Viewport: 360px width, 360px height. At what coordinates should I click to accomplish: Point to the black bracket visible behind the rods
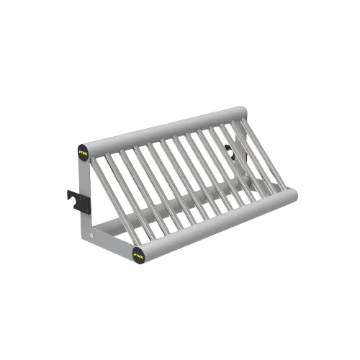[x=228, y=150]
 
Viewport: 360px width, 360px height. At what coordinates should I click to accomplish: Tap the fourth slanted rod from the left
[x=146, y=184]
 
